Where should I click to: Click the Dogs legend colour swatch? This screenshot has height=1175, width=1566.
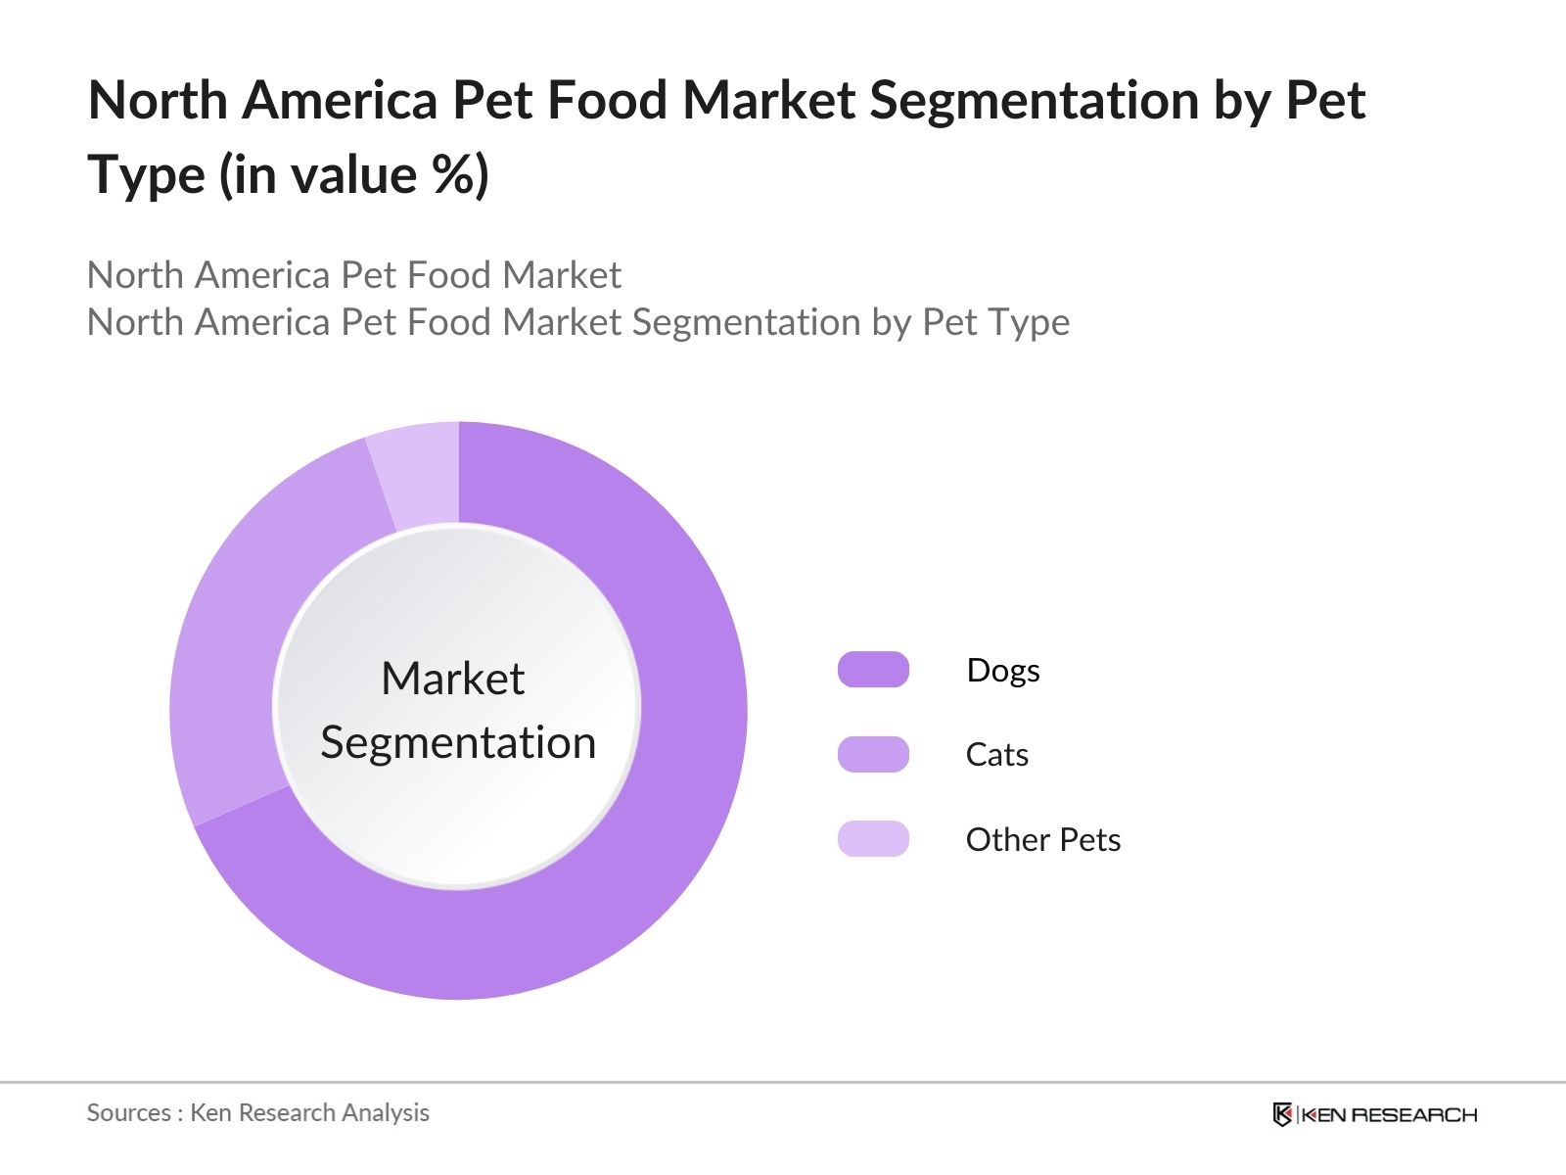[x=873, y=670]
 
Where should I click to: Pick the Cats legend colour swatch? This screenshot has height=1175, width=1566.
[x=873, y=754]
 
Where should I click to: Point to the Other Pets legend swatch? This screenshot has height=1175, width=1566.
[x=873, y=839]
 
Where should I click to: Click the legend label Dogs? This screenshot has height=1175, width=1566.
[x=1002, y=671]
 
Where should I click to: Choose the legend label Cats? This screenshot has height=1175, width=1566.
[x=996, y=755]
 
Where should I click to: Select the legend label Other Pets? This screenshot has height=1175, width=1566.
[x=1042, y=840]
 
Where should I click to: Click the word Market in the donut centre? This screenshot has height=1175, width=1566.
[x=452, y=679]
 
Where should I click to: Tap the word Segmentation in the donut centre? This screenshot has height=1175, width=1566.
[x=458, y=742]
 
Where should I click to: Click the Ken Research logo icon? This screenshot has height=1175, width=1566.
[x=1282, y=1114]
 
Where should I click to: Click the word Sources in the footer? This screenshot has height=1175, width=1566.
[x=128, y=1113]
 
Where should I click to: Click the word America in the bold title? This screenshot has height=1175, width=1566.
[x=338, y=100]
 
